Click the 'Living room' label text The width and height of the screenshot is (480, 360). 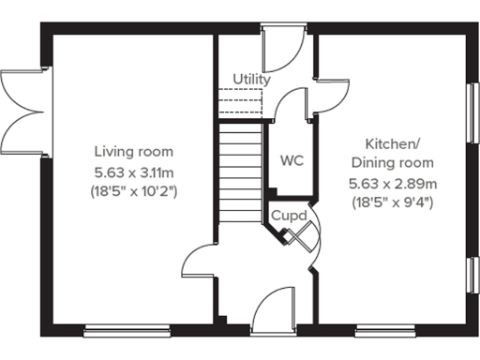pyautogui.click(x=133, y=152)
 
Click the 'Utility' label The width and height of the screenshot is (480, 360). pyautogui.click(x=251, y=80)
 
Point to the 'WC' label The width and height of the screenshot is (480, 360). pyautogui.click(x=291, y=159)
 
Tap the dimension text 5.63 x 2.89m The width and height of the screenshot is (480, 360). pyautogui.click(x=393, y=182)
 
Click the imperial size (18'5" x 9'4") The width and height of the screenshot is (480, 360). pyautogui.click(x=393, y=202)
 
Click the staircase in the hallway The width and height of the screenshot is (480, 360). pyautogui.click(x=240, y=173)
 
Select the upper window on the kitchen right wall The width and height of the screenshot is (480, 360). pyautogui.click(x=472, y=113)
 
